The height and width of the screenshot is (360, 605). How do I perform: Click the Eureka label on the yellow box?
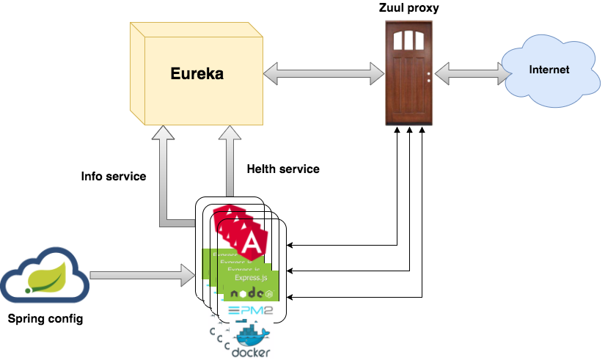(x=197, y=74)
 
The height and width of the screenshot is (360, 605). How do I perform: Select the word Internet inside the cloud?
(x=549, y=70)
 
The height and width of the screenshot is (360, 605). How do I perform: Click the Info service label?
(x=114, y=177)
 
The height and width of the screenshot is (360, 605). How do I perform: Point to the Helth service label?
(x=283, y=169)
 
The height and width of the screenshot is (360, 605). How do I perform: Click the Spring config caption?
(x=45, y=319)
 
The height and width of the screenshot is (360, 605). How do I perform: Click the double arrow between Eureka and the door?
(x=324, y=73)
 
